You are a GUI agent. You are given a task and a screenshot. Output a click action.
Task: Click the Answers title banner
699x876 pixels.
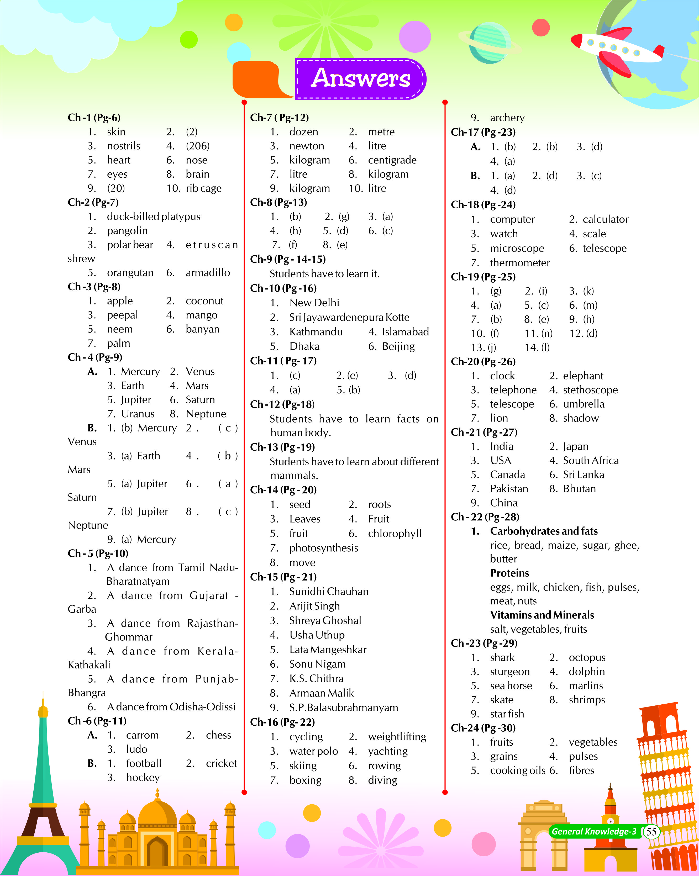pos(360,78)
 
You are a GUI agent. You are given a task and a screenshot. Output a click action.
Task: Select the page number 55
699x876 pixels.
pos(651,831)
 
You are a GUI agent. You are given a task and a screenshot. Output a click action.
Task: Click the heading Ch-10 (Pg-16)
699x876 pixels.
pos(283,288)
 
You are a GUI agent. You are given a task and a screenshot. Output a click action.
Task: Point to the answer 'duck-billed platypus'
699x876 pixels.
pos(153,217)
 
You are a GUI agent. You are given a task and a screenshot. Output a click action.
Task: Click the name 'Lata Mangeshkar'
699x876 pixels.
pos(328,650)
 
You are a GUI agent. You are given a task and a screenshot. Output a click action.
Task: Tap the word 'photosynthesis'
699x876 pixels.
pos(323,548)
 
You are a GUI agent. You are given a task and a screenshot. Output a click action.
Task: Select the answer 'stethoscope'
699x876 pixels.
pos(590,390)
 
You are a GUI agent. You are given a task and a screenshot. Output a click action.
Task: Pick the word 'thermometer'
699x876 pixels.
pos(520,263)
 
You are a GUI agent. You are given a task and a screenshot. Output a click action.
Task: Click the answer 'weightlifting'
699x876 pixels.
pos(397,737)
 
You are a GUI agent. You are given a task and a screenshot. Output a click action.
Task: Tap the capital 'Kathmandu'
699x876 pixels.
pos(316,332)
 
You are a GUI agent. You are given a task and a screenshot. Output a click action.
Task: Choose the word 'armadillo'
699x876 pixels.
pos(208,273)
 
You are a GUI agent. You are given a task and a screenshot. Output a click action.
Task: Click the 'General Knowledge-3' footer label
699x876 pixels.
pos(594,831)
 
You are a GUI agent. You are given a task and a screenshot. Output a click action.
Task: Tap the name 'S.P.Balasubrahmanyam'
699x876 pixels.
pos(343,708)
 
